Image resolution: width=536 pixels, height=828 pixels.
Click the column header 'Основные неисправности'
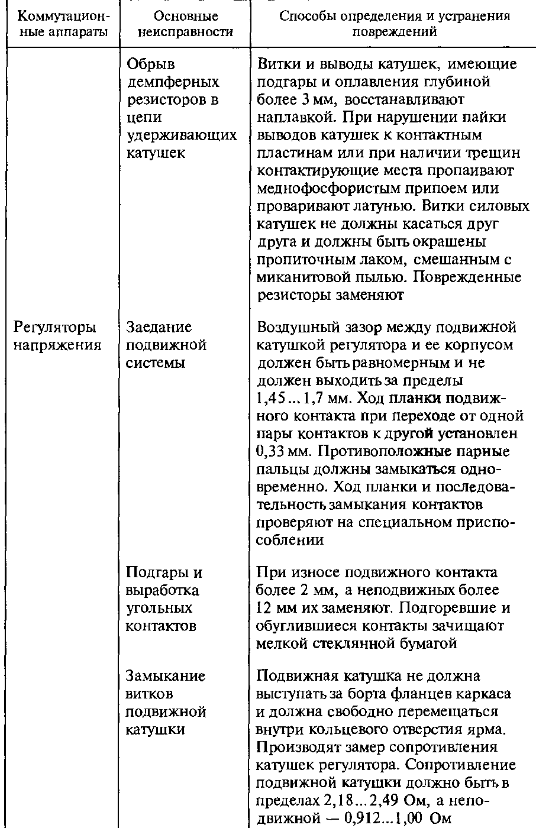tap(185, 24)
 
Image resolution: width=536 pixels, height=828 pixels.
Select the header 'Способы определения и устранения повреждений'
tap(394, 24)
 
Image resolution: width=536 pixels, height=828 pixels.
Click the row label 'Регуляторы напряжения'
tap(55, 336)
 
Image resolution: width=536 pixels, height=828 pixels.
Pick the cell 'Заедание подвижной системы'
tap(167, 345)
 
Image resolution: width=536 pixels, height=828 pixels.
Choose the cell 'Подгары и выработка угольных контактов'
tap(163, 599)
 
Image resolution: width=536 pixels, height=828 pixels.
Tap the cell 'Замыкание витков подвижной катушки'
tap(166, 702)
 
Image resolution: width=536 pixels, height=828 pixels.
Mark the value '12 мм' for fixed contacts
tap(276, 608)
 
